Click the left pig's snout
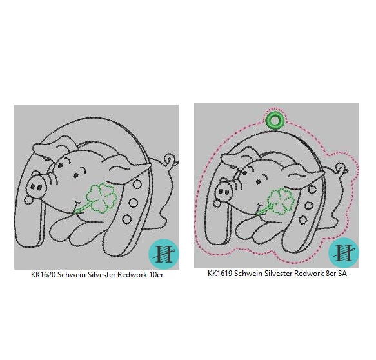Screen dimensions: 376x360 (37, 186)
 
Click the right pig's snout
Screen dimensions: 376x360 (224, 192)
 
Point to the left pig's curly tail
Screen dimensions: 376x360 (170, 160)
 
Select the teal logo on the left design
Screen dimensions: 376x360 (164, 254)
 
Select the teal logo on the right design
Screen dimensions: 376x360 (344, 253)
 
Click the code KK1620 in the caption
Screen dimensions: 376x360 (43, 275)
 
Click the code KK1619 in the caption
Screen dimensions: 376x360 (220, 274)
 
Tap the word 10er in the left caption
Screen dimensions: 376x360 (156, 275)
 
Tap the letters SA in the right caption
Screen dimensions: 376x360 (342, 274)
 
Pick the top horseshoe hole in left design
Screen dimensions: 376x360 (137, 184)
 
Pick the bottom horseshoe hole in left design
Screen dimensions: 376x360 (127, 219)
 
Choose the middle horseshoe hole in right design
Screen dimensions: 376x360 (309, 206)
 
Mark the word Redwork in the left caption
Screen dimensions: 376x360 (132, 275)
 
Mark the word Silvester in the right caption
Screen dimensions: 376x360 (279, 274)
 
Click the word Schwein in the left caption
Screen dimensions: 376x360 (71, 275)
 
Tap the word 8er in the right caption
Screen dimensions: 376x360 (330, 274)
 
